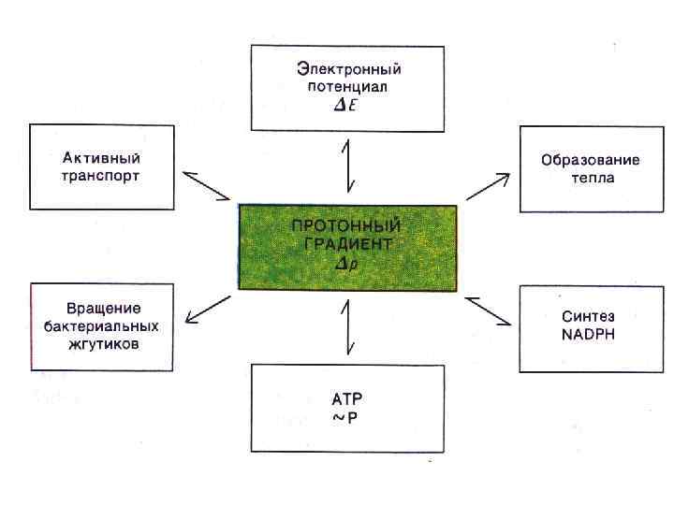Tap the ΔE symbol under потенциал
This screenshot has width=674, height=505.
click(347, 106)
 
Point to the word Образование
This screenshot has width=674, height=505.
click(591, 160)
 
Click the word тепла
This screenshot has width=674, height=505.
click(592, 178)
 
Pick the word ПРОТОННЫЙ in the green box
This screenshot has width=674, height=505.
click(346, 226)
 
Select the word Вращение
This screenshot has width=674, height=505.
click(103, 309)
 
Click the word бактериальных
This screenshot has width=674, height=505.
click(103, 326)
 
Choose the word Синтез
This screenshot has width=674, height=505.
click(589, 317)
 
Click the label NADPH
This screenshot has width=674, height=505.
click(589, 335)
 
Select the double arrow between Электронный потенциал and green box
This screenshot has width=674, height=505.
click(348, 166)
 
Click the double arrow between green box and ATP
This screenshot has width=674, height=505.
click(348, 328)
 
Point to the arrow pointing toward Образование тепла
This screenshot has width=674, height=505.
click(488, 185)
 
